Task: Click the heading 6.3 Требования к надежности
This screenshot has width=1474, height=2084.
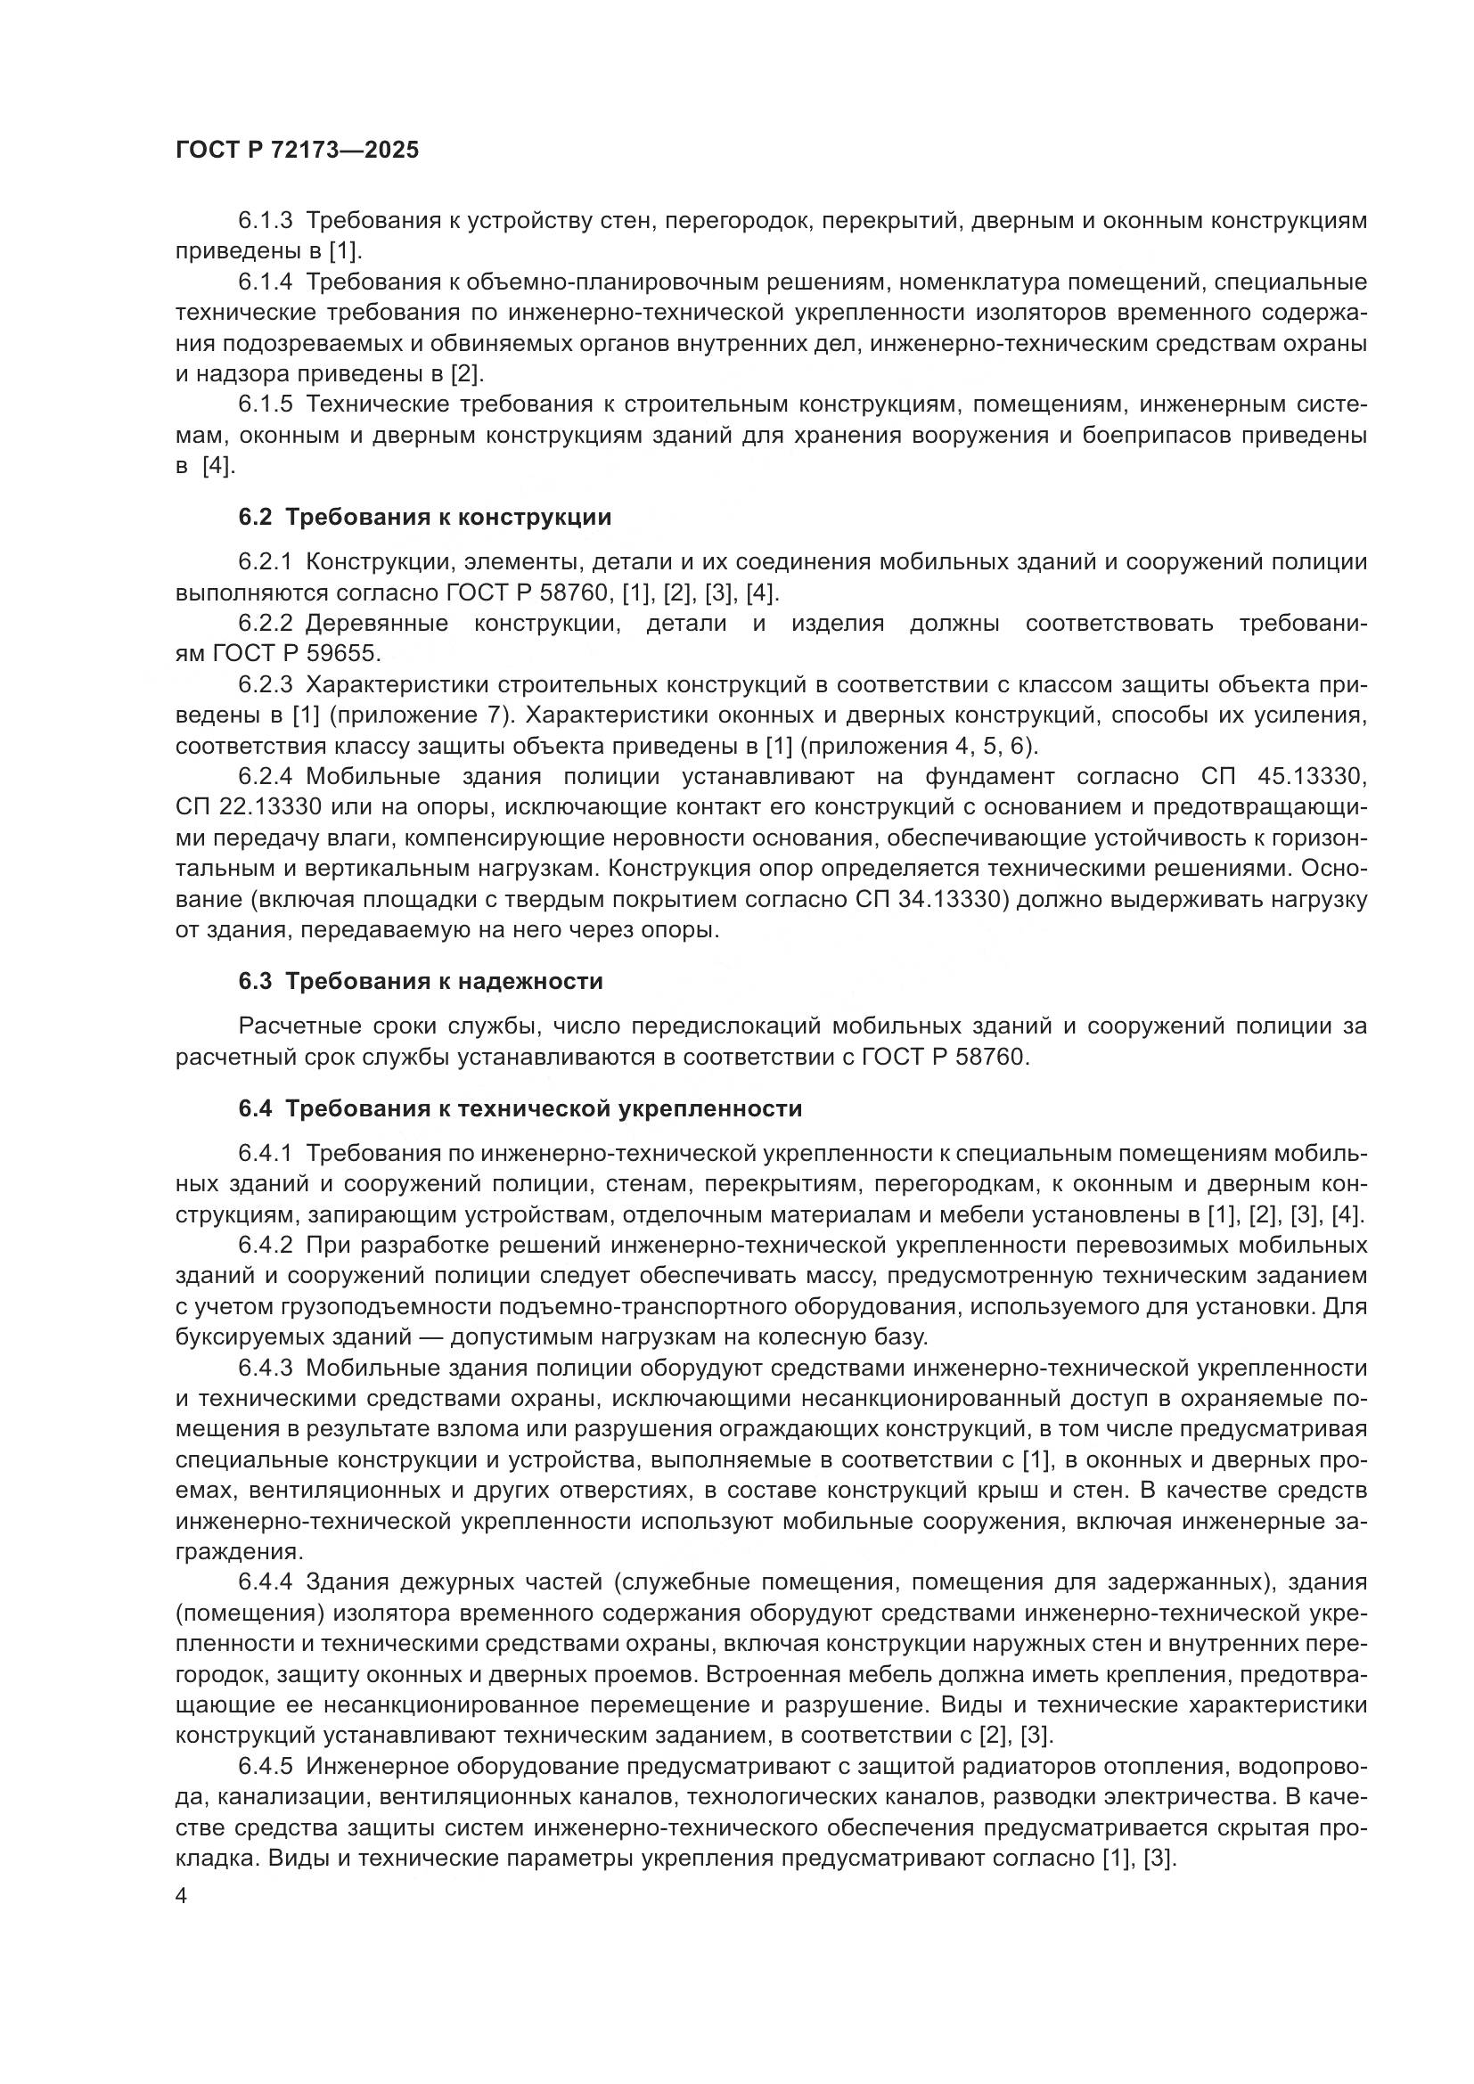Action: pos(421,981)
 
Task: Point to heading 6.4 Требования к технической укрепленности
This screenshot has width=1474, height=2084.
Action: pos(520,1108)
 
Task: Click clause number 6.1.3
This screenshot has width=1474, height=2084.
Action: pos(265,221)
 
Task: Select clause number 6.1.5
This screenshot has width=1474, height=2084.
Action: pos(265,404)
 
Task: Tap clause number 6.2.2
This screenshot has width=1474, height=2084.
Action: pos(265,624)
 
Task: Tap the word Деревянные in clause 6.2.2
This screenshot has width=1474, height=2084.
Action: pos(377,624)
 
